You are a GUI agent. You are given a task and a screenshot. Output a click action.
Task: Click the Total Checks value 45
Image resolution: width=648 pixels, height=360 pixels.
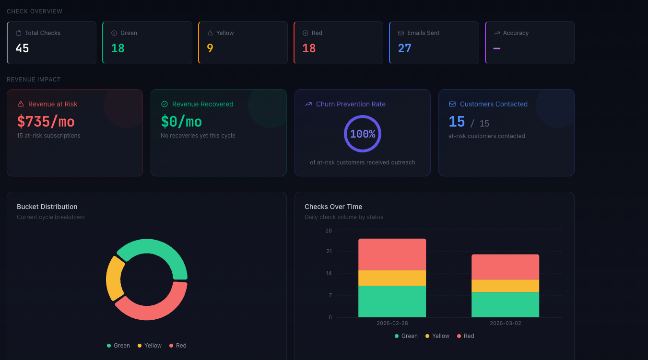pos(23,48)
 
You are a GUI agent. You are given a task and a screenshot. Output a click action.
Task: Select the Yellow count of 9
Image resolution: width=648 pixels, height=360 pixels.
pos(210,48)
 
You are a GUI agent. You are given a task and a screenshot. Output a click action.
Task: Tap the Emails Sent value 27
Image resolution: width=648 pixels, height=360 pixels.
pos(405,48)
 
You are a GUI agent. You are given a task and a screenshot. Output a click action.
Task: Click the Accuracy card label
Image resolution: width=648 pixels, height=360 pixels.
pos(516,33)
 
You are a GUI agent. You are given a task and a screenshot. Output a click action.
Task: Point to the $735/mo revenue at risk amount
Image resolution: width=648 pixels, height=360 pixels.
pos(46,121)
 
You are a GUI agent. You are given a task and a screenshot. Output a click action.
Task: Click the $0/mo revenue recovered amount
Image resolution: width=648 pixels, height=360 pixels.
pos(181,121)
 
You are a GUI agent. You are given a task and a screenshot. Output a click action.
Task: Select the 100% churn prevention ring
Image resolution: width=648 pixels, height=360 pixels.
pos(363,134)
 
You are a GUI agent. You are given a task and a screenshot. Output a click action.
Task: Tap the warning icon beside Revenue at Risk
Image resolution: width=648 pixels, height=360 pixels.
pos(21,104)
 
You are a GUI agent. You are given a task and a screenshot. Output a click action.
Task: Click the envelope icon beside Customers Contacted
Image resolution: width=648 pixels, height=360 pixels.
pos(452,104)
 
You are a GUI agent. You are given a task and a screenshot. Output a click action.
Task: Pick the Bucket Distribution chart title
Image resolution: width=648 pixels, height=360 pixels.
pos(47,207)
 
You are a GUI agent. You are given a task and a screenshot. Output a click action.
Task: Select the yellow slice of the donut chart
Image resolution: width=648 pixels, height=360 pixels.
pos(113,279)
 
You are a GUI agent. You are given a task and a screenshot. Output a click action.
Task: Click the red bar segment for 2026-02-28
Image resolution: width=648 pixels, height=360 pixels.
pos(392,254)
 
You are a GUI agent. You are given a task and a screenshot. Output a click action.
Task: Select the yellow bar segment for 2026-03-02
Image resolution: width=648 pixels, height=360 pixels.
pos(505,286)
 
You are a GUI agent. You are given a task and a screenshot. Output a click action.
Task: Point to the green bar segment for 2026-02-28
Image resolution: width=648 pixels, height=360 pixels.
pos(392,301)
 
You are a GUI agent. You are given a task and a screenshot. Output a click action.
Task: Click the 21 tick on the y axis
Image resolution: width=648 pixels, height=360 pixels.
pos(329,251)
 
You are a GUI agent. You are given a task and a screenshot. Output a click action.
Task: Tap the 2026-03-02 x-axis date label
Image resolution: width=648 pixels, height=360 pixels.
pos(505,324)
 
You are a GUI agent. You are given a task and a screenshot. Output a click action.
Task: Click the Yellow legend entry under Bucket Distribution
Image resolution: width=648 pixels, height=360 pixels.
pos(150,346)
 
